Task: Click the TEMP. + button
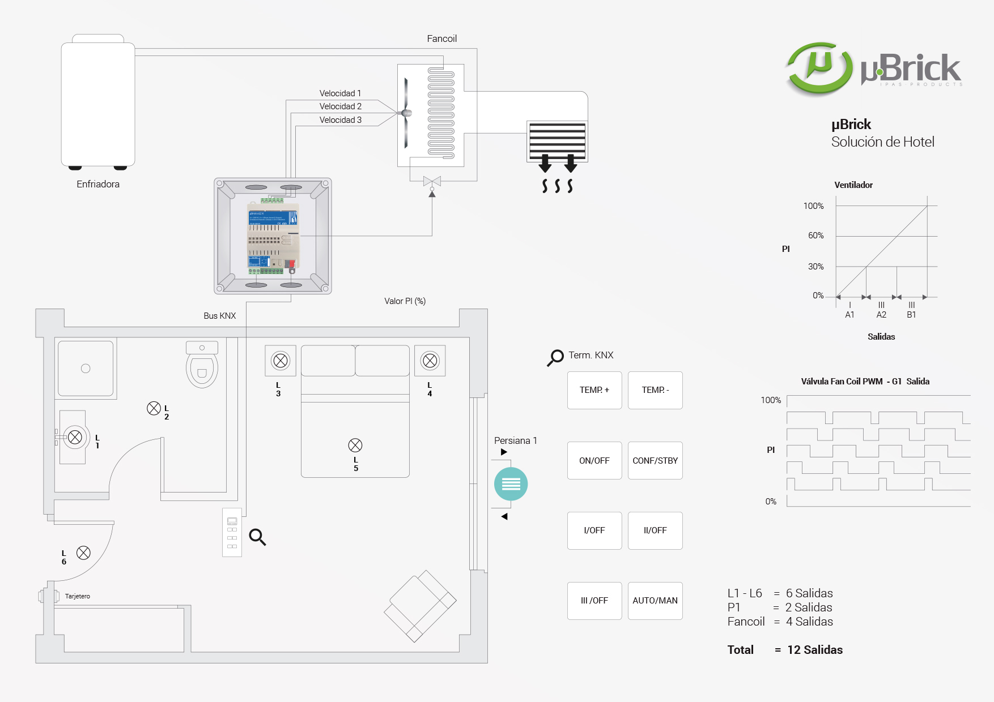click(594, 390)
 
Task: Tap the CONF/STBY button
click(655, 461)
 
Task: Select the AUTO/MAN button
click(655, 601)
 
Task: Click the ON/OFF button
click(594, 461)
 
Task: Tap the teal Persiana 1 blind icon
click(511, 484)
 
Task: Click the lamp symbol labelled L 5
click(355, 445)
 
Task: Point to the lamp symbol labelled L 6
click(83, 553)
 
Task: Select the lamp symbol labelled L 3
click(281, 361)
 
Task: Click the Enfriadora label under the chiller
click(98, 184)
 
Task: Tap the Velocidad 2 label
click(340, 106)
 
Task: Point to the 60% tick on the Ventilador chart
click(816, 236)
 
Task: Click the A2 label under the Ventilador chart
click(881, 315)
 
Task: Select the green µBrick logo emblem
click(819, 68)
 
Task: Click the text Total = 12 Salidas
click(785, 650)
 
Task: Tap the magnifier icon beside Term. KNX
click(555, 357)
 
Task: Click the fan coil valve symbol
click(432, 182)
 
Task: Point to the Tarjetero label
click(78, 596)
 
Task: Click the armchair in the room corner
click(420, 605)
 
